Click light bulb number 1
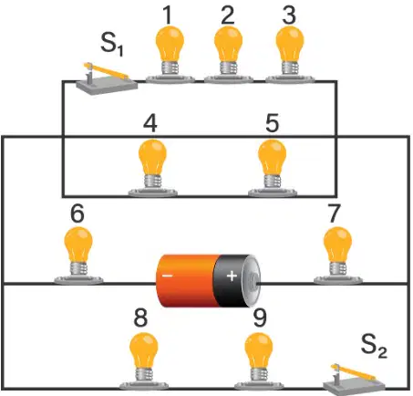coord(170,55)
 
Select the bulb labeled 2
coord(228,55)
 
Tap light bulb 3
coord(290,55)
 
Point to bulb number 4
coord(152,168)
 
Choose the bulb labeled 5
coord(273,168)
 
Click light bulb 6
coord(78,256)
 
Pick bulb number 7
coord(337,256)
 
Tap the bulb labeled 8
coord(144,361)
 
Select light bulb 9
coord(259,361)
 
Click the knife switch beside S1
coord(106,79)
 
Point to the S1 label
coord(112,45)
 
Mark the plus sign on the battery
coord(232,276)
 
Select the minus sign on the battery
coord(168,276)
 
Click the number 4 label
coord(150,123)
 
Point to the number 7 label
coord(334,214)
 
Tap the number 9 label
coord(260,318)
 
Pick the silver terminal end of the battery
coord(253,280)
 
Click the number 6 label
coord(77,214)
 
